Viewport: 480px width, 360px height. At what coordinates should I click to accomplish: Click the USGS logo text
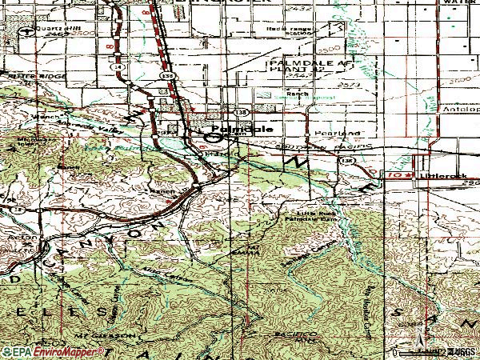click(x=460, y=351)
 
